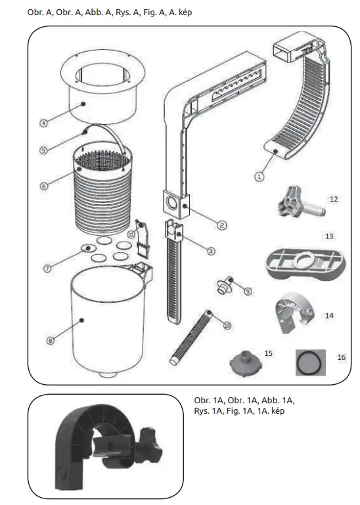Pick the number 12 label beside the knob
pos(333,198)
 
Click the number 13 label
pos(329,235)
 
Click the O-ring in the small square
pos(309,360)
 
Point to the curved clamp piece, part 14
pos(294,312)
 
